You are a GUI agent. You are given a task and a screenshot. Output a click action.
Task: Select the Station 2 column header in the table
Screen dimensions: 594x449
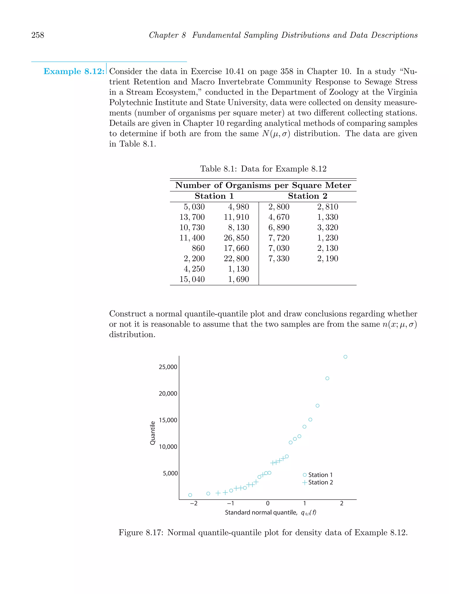coord(307,196)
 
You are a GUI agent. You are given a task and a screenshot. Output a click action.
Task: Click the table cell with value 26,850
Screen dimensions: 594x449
coord(236,238)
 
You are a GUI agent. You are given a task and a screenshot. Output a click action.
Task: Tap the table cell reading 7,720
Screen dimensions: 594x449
coord(279,238)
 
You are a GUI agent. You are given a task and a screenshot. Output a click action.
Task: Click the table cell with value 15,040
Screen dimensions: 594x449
coord(192,279)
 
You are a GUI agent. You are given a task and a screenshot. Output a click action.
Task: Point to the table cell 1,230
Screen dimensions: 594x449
coord(328,238)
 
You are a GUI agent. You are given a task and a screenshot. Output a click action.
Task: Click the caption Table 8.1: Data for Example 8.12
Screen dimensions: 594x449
coord(263,169)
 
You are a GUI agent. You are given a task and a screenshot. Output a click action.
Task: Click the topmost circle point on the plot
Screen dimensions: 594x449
coord(345,357)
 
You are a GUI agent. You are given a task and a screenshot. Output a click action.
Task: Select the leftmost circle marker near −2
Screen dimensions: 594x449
coord(190,495)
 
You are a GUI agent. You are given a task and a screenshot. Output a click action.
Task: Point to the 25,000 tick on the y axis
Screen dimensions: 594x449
coord(168,367)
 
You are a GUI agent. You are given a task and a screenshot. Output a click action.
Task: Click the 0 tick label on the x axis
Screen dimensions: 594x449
coord(267,504)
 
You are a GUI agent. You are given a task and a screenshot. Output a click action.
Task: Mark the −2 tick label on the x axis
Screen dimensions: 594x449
coord(194,504)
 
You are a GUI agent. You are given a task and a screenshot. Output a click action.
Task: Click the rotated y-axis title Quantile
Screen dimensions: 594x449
coord(153,433)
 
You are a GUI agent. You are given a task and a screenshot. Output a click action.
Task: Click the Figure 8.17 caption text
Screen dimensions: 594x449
coord(263,533)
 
